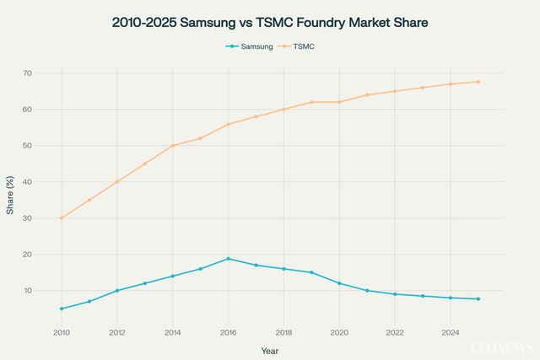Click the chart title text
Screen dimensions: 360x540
270,24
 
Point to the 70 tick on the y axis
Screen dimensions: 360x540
50,73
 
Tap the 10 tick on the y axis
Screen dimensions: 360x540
50,291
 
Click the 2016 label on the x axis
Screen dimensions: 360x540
228,333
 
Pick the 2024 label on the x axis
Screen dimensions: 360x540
451,333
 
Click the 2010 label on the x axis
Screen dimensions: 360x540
62,333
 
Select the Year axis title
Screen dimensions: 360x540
270,350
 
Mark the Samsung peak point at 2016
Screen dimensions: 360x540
228,259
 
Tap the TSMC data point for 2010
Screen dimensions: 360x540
62,218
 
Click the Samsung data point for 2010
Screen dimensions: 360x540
62,309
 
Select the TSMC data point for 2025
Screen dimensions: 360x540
478,82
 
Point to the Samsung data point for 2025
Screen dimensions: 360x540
478,299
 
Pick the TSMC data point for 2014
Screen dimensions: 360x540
173,146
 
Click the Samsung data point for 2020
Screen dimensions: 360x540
339,283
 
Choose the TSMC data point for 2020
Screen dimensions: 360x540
339,102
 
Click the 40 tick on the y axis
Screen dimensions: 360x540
50,182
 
